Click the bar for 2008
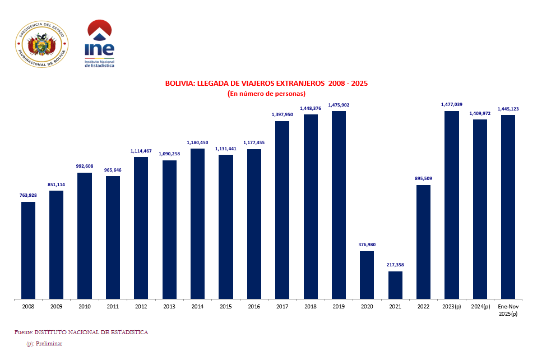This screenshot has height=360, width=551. (29, 250)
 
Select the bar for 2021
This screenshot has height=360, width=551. (395, 285)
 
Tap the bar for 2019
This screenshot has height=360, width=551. (339, 205)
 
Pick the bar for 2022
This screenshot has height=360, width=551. (423, 242)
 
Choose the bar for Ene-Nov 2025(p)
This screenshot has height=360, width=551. (508, 207)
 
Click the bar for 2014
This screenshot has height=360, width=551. (197, 223)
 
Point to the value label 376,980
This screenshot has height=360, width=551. (367, 244)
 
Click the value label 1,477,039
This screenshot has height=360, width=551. (451, 104)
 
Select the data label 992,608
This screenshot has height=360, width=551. (85, 166)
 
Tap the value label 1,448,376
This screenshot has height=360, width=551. (310, 108)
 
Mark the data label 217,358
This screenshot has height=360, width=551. (395, 265)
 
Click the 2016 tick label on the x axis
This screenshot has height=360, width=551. (254, 307)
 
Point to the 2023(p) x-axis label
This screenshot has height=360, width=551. (451, 307)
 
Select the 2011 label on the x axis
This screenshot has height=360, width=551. (113, 307)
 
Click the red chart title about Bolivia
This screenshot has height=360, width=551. (266, 84)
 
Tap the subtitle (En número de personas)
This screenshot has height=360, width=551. (266, 94)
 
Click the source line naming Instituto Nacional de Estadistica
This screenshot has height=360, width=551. (81, 333)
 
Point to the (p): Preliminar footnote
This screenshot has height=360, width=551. (44, 343)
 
